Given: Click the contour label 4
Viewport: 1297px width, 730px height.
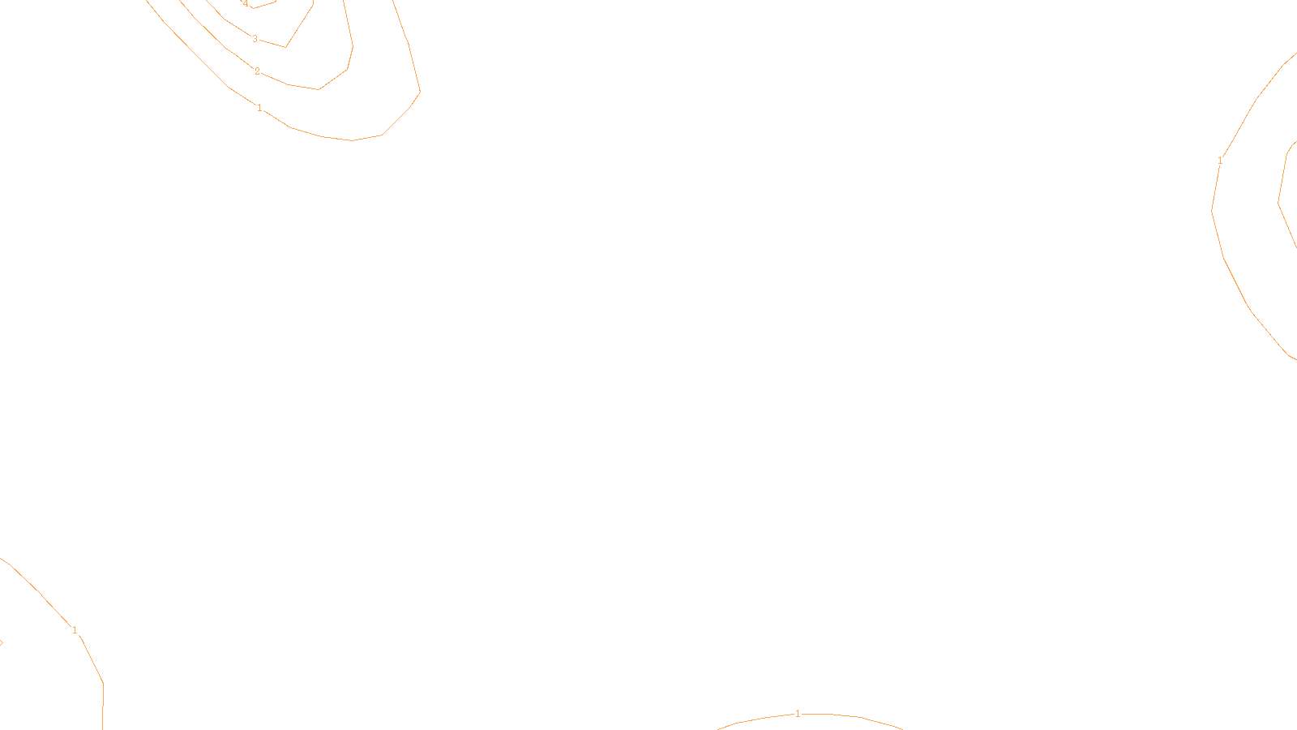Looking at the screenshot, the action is click(x=246, y=4).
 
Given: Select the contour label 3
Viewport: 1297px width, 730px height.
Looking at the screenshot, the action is click(x=255, y=39).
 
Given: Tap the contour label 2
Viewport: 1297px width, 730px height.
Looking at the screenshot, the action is click(x=258, y=71).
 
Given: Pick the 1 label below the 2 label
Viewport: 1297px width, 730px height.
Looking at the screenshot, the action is click(x=259, y=108).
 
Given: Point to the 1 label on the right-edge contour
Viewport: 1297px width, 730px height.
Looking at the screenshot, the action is click(x=1220, y=161).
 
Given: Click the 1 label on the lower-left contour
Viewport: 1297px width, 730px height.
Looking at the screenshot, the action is click(x=75, y=630).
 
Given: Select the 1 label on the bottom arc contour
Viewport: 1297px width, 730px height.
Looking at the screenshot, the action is click(x=798, y=714).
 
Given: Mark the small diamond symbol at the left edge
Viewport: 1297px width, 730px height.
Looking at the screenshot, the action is click(x=1, y=642).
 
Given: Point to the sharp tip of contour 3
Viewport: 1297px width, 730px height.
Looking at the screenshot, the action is click(x=285, y=47).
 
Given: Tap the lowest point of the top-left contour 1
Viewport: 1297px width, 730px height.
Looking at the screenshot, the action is click(x=352, y=140).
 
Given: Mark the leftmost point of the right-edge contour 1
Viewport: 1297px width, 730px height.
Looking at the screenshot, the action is click(x=1212, y=210).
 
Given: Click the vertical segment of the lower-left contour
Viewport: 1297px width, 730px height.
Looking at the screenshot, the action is click(x=103, y=706).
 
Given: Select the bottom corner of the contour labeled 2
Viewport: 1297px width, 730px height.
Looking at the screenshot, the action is click(x=319, y=89).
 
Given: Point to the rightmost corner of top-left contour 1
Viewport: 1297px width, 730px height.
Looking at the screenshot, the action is click(x=420, y=92).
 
